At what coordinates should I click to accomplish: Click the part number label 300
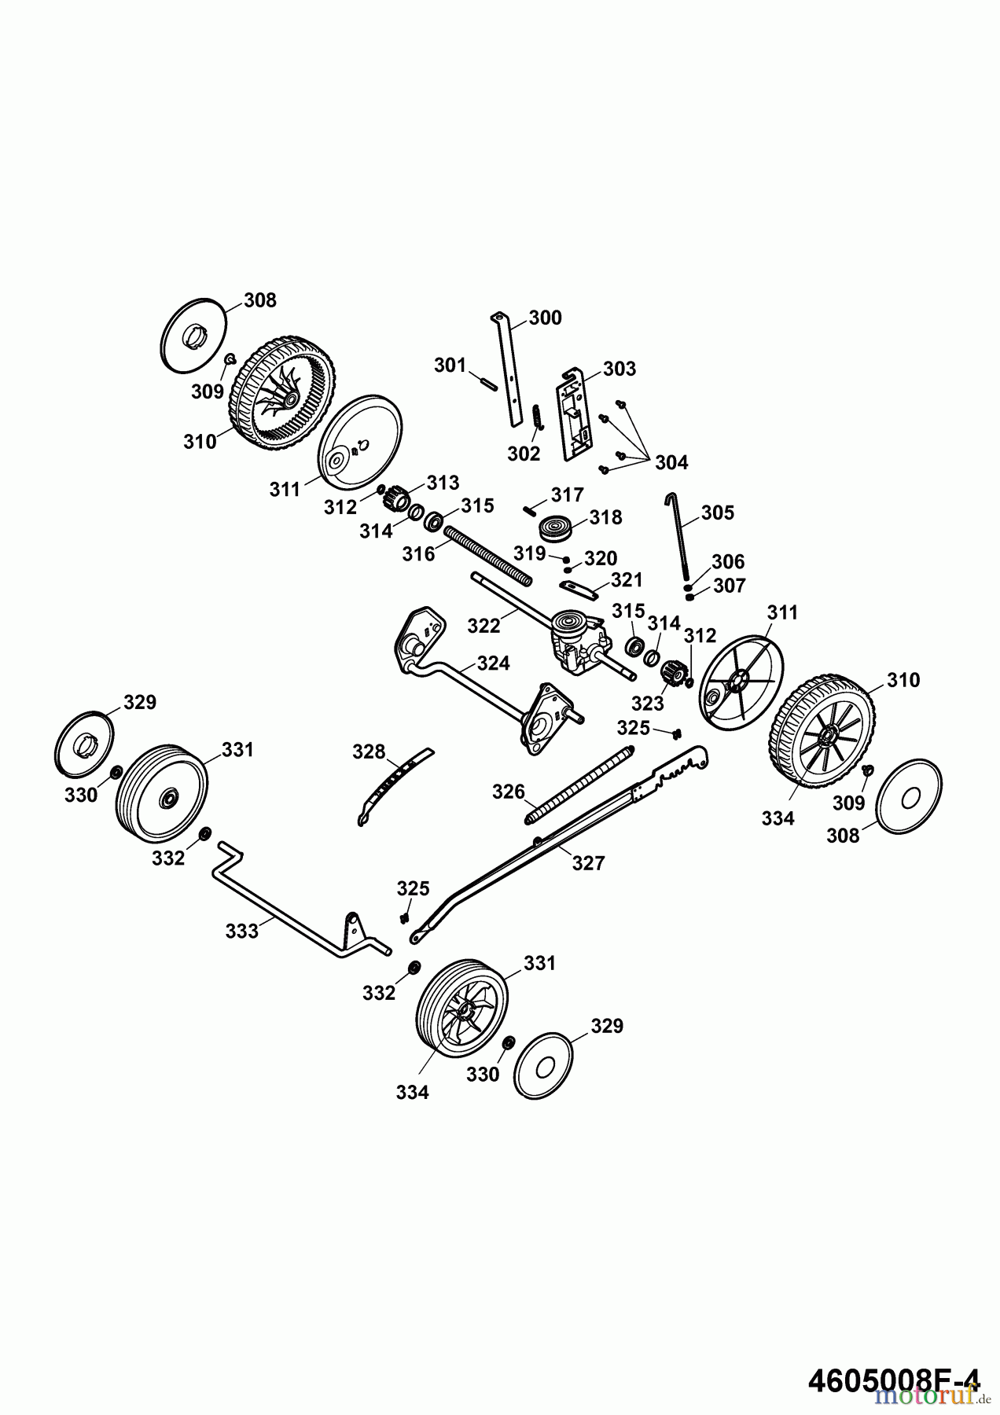[x=545, y=318]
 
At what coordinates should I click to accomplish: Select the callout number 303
[x=619, y=369]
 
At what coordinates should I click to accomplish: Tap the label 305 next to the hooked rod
[x=717, y=513]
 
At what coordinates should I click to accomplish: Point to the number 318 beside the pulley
[x=605, y=517]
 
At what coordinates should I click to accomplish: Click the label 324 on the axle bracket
[x=493, y=663]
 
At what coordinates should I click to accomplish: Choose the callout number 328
[x=369, y=752]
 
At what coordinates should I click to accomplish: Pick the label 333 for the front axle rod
[x=241, y=931]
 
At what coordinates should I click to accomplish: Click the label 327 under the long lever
[x=588, y=863]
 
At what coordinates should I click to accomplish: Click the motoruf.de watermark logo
[x=928, y=1395]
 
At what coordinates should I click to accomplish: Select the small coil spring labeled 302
[x=538, y=417]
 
